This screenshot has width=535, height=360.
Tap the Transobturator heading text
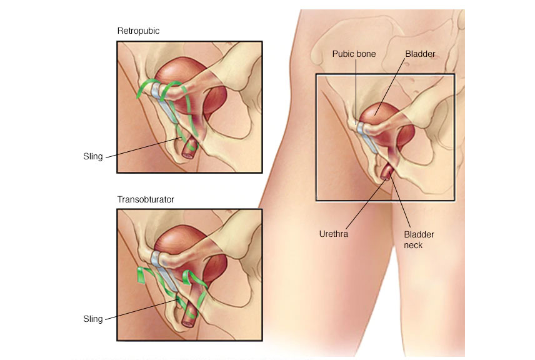[x=145, y=199]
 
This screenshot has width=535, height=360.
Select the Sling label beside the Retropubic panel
[x=93, y=156]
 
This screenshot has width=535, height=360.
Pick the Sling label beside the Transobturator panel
[x=93, y=319]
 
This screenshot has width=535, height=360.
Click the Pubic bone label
[x=354, y=54]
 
